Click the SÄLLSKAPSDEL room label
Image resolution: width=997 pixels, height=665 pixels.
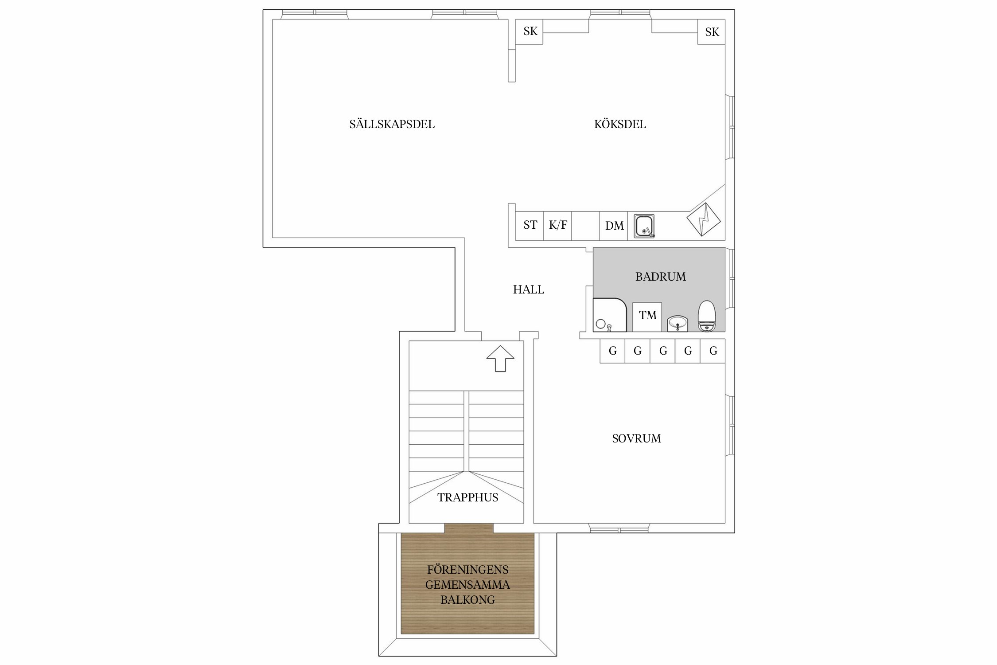392,124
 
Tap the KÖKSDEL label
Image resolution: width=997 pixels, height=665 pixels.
620,124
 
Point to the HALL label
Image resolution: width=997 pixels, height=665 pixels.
529,289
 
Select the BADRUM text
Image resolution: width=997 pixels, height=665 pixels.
660,277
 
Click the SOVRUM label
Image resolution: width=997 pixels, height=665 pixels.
636,438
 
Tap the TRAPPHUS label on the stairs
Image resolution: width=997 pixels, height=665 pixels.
468,497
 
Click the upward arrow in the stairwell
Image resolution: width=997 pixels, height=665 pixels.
500,358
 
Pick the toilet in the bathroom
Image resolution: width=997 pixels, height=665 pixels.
707,316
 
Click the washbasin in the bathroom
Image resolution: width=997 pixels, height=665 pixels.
678,323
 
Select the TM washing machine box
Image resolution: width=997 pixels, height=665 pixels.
647,317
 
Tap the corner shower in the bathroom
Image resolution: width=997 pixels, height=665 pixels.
610,315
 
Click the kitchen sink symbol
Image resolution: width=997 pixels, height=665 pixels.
644,226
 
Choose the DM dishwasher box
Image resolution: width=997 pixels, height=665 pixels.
614,226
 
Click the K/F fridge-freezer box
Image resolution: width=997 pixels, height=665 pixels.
557,226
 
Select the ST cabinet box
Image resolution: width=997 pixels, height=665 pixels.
530,226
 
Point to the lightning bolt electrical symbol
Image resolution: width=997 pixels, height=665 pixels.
704,219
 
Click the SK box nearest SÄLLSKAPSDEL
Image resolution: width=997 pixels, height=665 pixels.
530,31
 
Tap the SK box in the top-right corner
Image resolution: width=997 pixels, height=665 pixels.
711,32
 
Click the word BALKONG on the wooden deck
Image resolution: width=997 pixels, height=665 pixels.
467,600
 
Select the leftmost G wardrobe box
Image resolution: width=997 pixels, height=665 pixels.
612,351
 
